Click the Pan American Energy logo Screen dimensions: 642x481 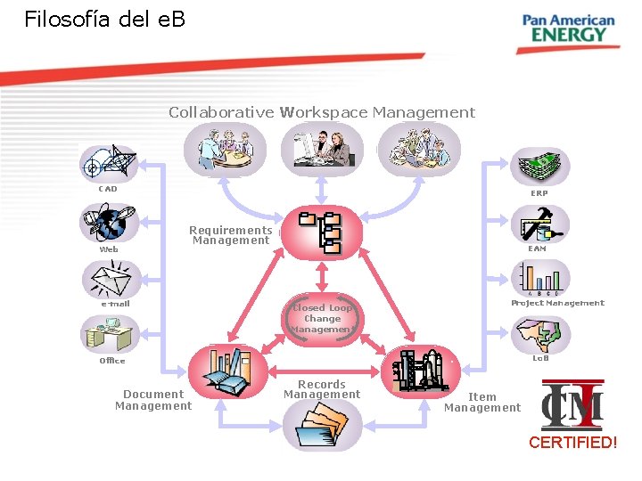568,29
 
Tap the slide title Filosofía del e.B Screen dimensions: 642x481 105,19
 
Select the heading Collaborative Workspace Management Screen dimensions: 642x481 322,112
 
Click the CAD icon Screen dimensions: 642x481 108,162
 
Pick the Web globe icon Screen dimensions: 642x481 108,223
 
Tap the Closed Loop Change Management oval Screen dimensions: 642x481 322,318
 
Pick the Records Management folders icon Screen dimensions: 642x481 322,424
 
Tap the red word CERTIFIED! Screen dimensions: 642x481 572,442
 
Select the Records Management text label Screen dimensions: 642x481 322,389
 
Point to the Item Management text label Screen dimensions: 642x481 482,403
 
